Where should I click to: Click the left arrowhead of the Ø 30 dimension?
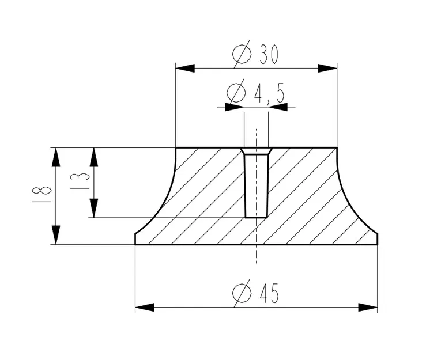click(184, 68)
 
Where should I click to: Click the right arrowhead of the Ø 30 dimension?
click(327, 68)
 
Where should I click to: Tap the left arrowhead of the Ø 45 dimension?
click(145, 307)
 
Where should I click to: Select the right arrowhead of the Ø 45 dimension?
click(368, 307)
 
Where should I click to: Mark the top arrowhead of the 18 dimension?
click(55, 157)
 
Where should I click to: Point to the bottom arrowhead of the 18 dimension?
click(55, 235)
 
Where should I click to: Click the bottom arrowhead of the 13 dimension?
click(94, 208)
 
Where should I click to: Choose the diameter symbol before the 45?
click(242, 294)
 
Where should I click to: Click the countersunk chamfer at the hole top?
click(256, 151)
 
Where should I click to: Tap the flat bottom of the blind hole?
click(256, 217)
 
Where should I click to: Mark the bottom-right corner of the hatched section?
click(378, 244)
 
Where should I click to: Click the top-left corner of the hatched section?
click(175, 148)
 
